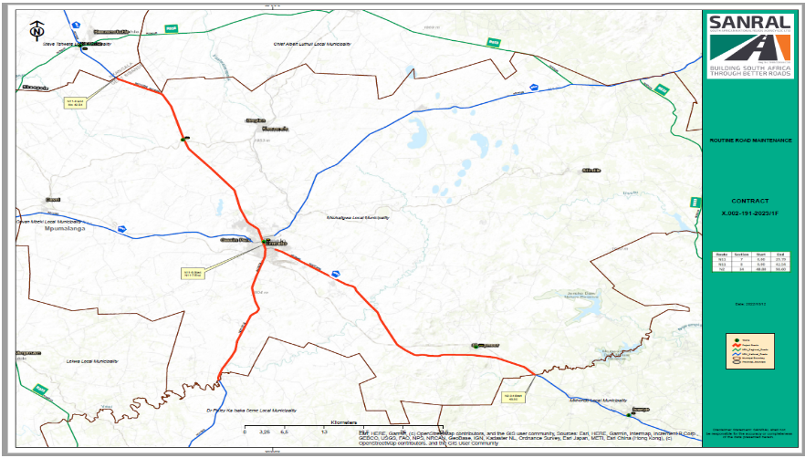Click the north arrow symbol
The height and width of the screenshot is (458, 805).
36,30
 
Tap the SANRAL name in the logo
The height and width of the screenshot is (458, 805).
747,22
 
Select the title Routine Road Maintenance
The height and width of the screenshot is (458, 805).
750,141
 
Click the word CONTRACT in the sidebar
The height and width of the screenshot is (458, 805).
750,201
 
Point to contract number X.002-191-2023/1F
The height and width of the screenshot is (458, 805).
750,213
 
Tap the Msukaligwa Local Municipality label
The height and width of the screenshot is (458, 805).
358,218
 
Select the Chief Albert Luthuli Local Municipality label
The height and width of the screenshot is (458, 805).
311,43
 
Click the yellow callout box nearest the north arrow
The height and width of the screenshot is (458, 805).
74,102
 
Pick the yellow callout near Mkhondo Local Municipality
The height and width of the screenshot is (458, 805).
513,396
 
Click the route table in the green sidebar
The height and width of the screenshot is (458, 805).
749,263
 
